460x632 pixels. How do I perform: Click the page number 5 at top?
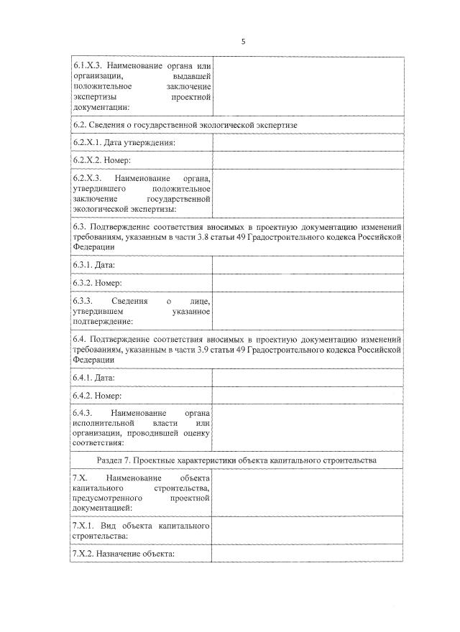pyautogui.click(x=243, y=42)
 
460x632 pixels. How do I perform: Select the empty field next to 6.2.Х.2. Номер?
pyautogui.click(x=308, y=161)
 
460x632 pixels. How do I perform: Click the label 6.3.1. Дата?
pyautogui.click(x=94, y=265)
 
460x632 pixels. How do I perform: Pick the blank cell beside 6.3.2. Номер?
pyautogui.click(x=308, y=283)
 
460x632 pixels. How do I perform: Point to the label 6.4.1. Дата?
pyautogui.click(x=94, y=377)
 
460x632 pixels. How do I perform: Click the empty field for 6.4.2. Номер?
pyautogui.click(x=308, y=395)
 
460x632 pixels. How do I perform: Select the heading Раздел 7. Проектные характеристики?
pyautogui.click(x=236, y=459)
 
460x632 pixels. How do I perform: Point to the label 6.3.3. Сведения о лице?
pyautogui.click(x=141, y=312)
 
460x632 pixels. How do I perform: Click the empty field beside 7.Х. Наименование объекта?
pyautogui.click(x=308, y=493)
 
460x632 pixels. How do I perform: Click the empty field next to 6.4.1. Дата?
pyautogui.click(x=308, y=377)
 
